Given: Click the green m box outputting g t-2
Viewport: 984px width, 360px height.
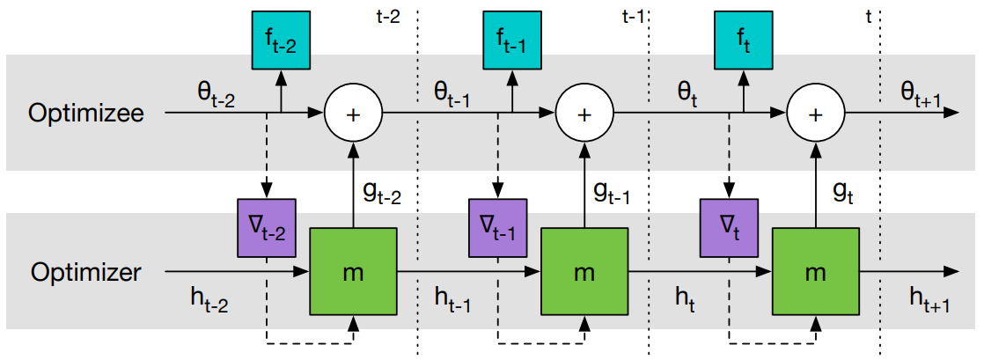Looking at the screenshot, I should (354, 272).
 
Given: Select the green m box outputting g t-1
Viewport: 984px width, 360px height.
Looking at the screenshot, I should (584, 272).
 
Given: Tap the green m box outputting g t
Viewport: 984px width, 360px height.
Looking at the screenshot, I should (815, 272).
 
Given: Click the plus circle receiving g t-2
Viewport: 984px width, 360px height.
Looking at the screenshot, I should (354, 114).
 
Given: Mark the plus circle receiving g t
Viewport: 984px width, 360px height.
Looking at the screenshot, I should (815, 114).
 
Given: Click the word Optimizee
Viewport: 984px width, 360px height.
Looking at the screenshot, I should (85, 114).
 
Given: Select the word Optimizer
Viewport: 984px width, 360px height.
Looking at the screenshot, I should (85, 272).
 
